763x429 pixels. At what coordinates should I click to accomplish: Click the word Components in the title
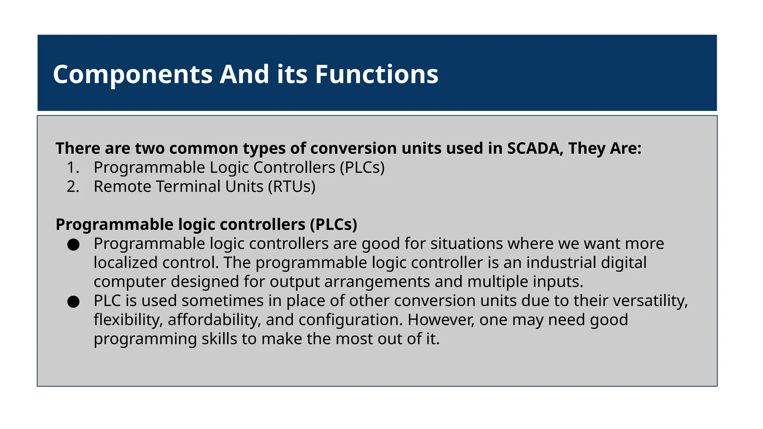point(133,75)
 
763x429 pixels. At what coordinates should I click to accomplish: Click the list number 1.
point(73,168)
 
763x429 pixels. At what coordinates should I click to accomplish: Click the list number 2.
point(73,187)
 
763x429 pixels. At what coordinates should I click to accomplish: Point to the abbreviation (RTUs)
point(292,187)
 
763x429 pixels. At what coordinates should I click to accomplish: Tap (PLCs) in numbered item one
point(362,168)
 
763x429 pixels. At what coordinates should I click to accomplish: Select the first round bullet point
point(73,245)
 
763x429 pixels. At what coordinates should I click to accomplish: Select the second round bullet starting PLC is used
point(73,302)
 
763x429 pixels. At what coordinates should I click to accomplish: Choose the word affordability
point(214,320)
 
